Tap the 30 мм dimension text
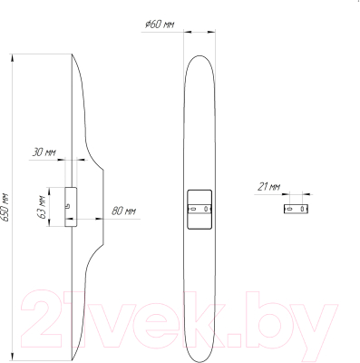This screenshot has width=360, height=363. click(x=44, y=152)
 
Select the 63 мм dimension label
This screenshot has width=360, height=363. click(x=42, y=207)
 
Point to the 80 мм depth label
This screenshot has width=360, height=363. click(x=123, y=211)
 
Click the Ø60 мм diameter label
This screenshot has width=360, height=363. click(x=159, y=25)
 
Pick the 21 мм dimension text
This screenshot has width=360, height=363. click(x=268, y=187)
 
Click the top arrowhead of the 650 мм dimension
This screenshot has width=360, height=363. click(x=13, y=58)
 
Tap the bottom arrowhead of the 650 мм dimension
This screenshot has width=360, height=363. click(x=13, y=356)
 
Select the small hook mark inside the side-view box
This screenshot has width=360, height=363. click(x=68, y=206)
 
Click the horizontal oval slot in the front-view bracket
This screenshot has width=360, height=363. click(x=193, y=208)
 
